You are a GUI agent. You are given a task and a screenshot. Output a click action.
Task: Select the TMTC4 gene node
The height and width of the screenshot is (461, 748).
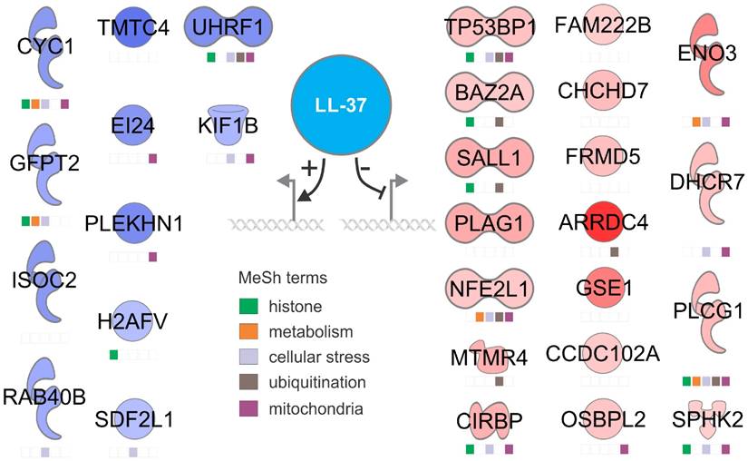133,29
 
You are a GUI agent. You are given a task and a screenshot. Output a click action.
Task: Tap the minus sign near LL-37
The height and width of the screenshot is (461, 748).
365,170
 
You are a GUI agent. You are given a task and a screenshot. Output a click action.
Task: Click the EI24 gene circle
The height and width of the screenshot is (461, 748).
133,126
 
